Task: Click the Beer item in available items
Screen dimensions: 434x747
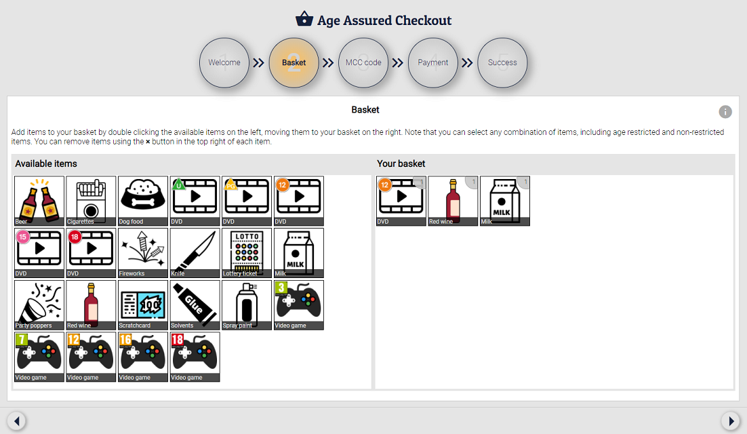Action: [39, 201]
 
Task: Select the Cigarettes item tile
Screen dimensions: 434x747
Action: [91, 201]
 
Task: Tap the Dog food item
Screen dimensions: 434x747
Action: [143, 201]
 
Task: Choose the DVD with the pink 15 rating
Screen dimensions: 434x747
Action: [39, 253]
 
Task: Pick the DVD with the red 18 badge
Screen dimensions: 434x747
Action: [91, 253]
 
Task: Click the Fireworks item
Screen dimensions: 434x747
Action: [143, 253]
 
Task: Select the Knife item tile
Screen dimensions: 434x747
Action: [195, 253]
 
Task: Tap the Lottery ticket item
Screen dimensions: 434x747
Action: [247, 253]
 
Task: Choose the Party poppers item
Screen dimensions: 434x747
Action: [39, 304]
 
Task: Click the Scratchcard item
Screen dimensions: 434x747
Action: [143, 304]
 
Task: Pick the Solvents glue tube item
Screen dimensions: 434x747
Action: [195, 304]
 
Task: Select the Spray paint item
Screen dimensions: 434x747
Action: [247, 304]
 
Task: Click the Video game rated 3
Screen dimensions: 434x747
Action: [298, 304]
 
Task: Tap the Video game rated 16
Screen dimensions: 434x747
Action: [143, 357]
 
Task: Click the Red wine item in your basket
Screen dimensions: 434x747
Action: [453, 201]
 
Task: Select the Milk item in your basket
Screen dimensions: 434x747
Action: [504, 201]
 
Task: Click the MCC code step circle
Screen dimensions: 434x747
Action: [363, 62]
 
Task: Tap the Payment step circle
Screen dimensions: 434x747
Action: [433, 62]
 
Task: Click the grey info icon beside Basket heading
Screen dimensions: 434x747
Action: [725, 112]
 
